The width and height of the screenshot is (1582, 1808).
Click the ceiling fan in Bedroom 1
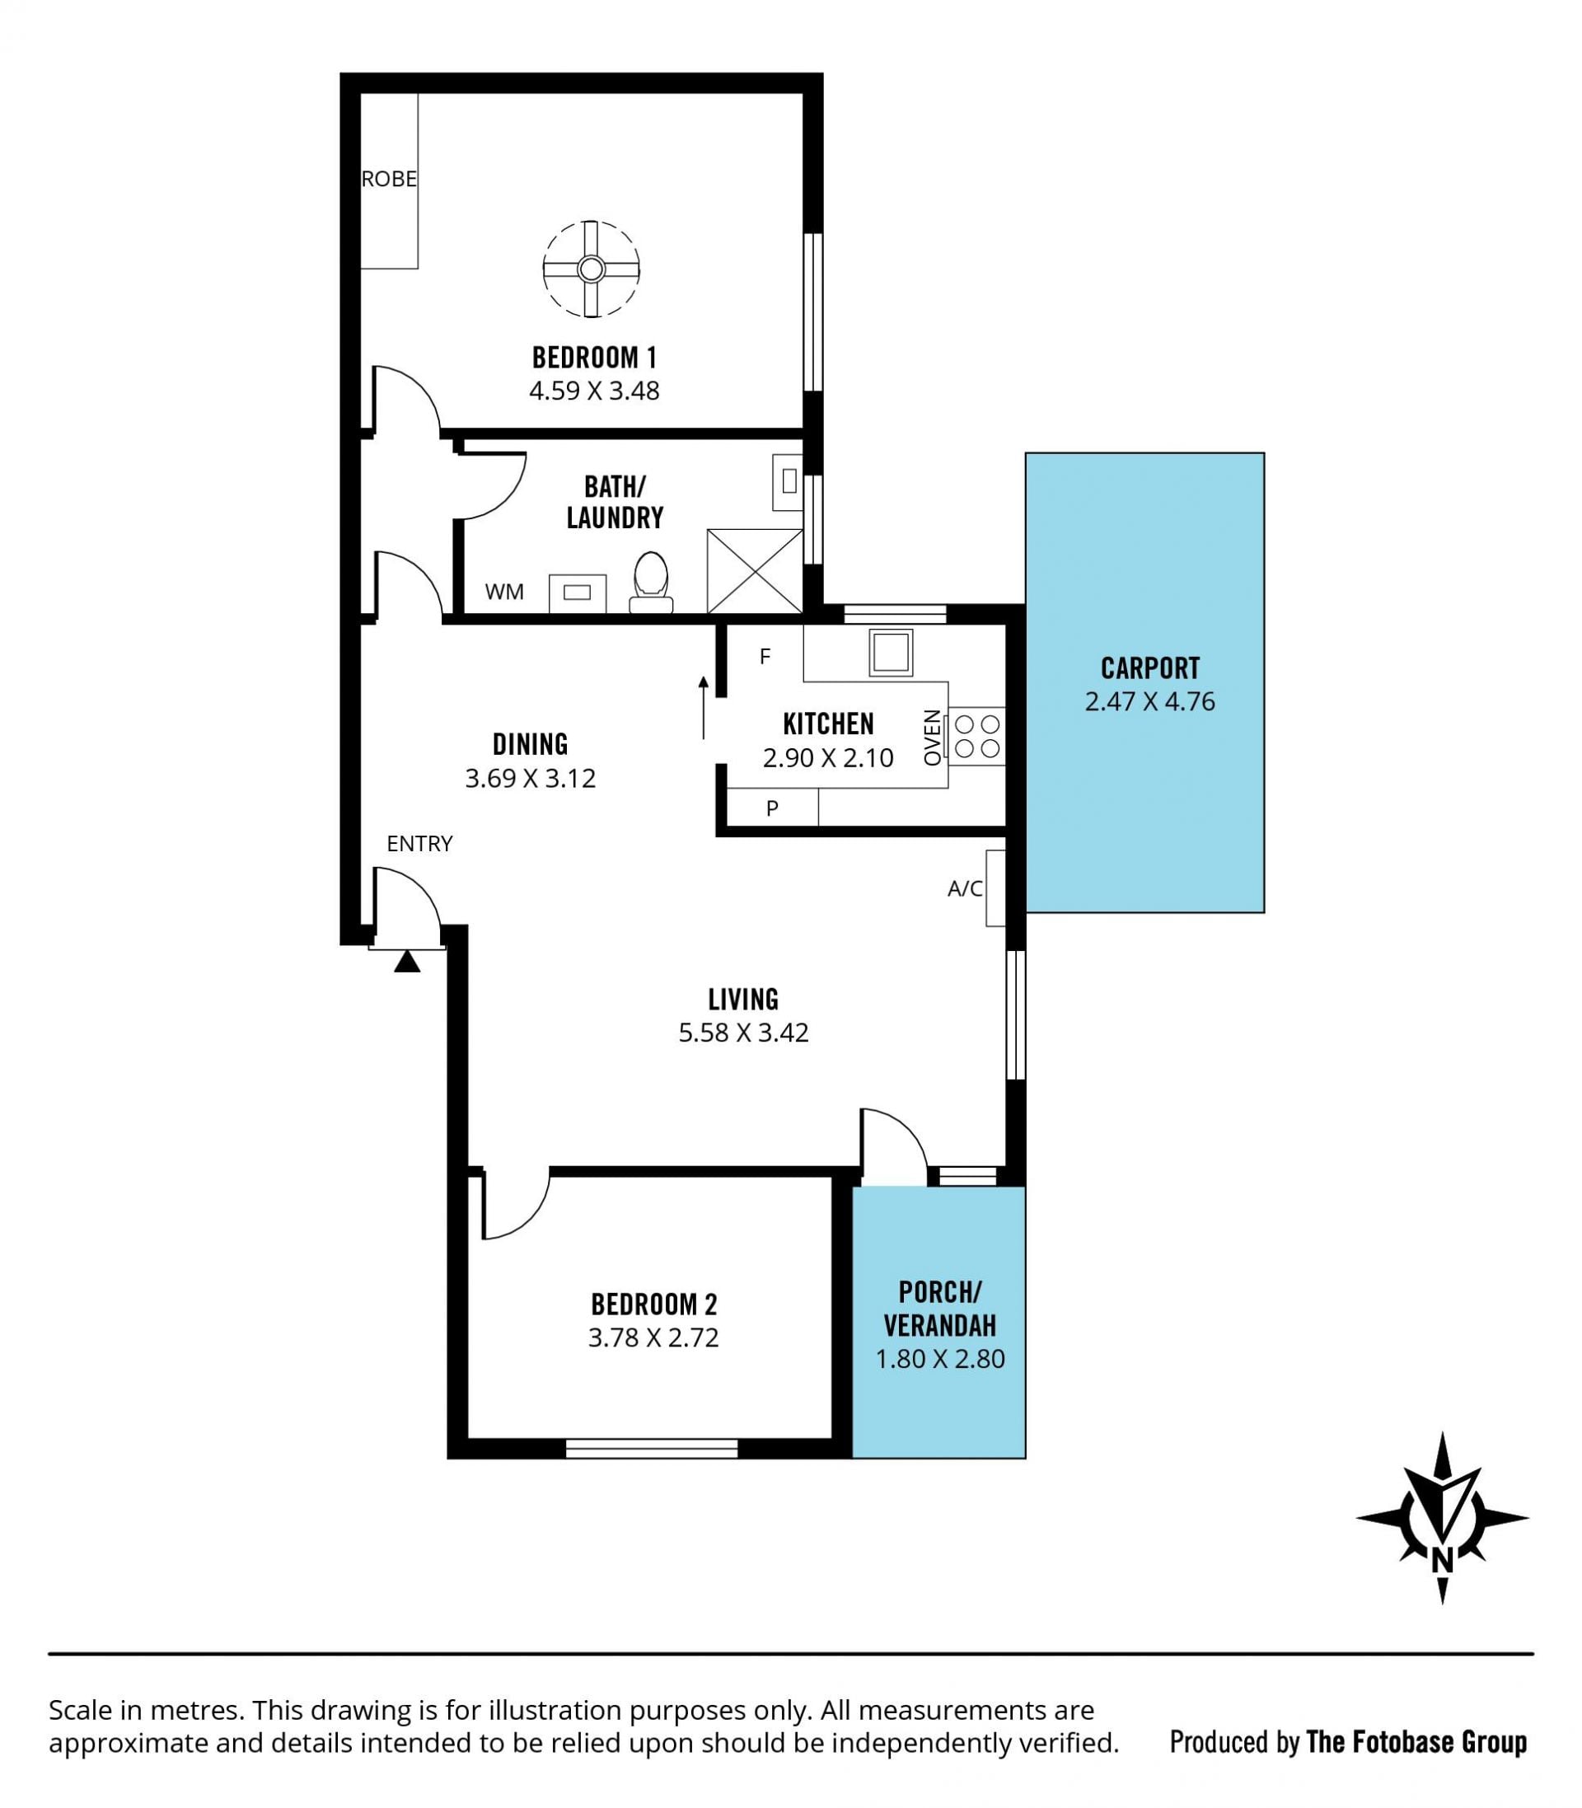click(x=591, y=269)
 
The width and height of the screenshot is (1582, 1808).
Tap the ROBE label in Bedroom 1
click(x=389, y=179)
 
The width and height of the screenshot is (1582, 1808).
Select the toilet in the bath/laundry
click(x=652, y=582)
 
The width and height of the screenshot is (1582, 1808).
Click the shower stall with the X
click(x=755, y=570)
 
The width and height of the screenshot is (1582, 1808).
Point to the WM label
click(x=504, y=593)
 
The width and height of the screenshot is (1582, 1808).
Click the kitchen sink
click(x=891, y=653)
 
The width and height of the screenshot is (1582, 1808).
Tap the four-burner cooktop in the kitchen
click(x=977, y=736)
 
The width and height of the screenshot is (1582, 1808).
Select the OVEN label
click(x=932, y=738)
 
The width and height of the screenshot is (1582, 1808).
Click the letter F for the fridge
click(x=765, y=656)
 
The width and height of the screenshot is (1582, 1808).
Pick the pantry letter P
click(x=773, y=808)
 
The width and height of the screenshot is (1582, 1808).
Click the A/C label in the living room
click(x=965, y=889)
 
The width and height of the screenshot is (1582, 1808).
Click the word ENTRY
click(x=419, y=843)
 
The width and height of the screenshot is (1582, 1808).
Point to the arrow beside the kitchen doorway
click(x=704, y=707)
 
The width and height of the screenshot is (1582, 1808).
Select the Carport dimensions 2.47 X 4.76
click(x=1149, y=701)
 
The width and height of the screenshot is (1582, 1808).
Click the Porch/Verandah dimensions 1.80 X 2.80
click(x=939, y=1359)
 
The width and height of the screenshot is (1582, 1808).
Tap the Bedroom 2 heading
click(x=654, y=1304)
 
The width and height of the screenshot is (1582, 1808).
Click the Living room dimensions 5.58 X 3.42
click(x=743, y=1032)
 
